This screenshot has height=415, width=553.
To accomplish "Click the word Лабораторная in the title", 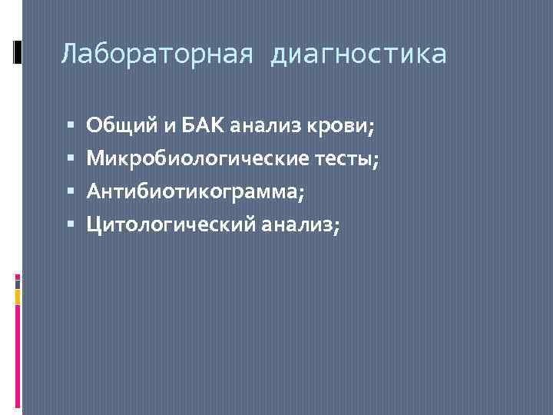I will click(x=157, y=55).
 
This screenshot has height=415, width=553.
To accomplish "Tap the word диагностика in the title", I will click(x=358, y=55).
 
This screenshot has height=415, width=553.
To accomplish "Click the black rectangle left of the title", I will click(x=17, y=51).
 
